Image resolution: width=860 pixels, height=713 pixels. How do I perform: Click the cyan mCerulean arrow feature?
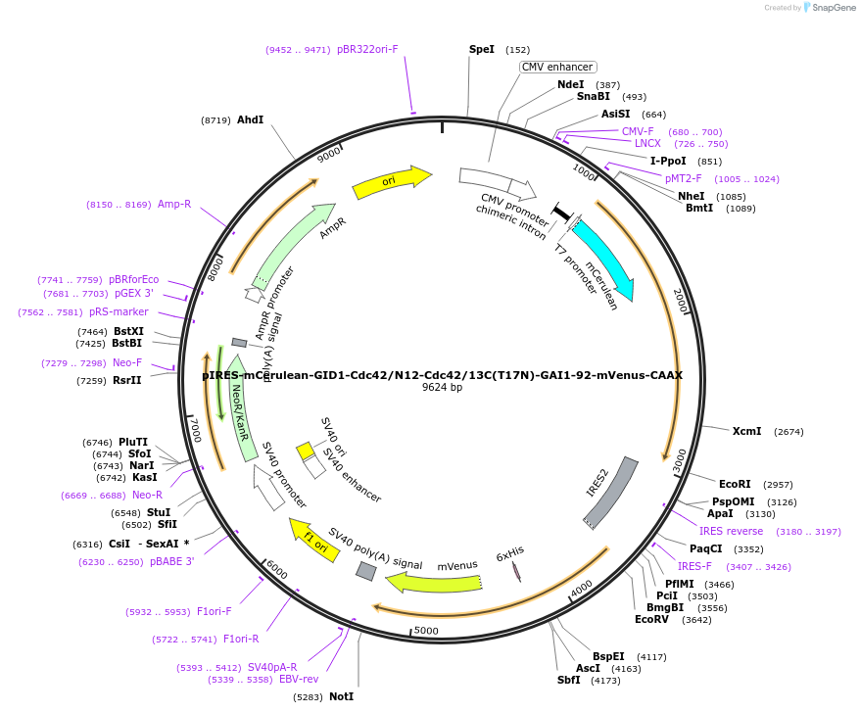604,259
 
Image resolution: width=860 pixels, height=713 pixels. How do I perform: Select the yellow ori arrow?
391,182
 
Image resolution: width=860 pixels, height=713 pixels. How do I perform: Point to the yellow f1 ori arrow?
312,540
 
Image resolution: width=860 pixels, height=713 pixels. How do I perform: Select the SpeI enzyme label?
482,49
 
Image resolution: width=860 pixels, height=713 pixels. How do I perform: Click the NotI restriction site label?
341,696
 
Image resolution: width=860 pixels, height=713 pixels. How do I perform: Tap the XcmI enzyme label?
746,431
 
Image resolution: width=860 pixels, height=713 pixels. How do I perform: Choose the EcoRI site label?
735,484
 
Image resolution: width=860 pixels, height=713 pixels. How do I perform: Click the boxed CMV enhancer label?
556,67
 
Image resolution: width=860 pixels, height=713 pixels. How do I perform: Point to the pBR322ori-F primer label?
367,49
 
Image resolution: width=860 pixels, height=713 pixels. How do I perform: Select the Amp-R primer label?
174,205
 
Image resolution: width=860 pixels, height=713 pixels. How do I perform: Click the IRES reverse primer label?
731,531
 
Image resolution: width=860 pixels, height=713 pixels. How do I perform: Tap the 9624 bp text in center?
442,388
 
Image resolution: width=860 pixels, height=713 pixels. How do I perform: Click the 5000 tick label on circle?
426,631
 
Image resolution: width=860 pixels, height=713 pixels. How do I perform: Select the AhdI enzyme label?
250,119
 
